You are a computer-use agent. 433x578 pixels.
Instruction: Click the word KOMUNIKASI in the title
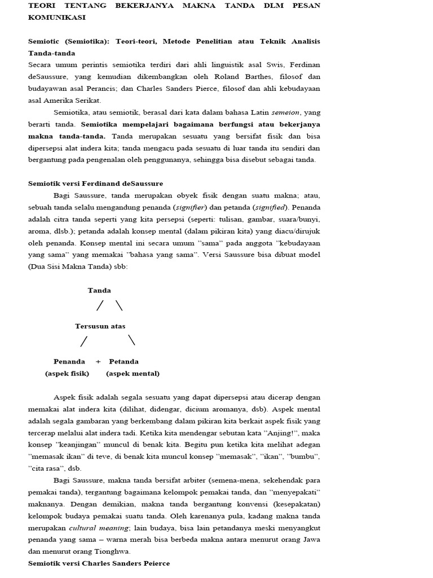[x=57, y=17]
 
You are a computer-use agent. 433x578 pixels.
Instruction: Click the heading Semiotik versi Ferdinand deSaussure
[x=95, y=183]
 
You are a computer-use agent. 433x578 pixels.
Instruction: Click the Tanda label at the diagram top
[x=99, y=291]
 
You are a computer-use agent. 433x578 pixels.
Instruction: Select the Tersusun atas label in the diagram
[x=100, y=326]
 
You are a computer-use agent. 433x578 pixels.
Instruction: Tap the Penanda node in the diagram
[x=69, y=361]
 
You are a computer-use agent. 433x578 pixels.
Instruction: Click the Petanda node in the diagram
[x=123, y=361]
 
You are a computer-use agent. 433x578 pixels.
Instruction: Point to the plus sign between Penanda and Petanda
[x=98, y=361]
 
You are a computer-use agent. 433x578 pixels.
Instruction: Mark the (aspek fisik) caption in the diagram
[x=67, y=374]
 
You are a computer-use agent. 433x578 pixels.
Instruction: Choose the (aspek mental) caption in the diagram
[x=132, y=374]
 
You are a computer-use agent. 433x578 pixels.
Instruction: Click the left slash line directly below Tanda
[x=100, y=306]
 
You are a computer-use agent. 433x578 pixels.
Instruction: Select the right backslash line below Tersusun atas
[x=131, y=340]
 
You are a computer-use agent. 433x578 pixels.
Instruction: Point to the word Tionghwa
[x=115, y=551]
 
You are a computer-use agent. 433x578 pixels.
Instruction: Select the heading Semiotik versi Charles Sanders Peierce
[x=99, y=563]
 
